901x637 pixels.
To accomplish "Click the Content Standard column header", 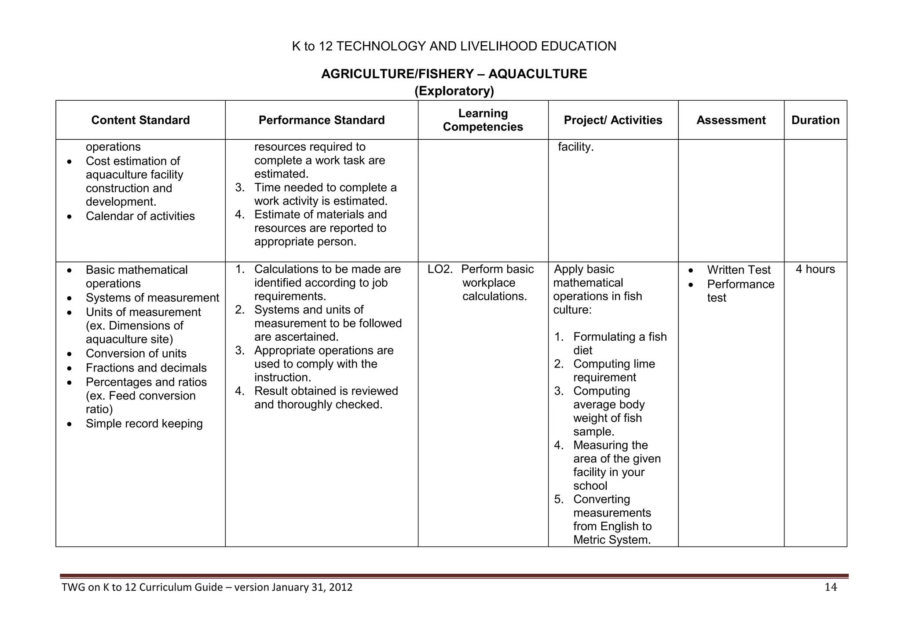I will pyautogui.click(x=140, y=120).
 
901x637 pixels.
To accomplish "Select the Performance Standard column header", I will pyautogui.click(x=321, y=120).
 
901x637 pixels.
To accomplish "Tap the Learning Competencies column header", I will pyautogui.click(x=483, y=120).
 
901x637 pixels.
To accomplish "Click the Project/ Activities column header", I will pyautogui.click(x=613, y=120).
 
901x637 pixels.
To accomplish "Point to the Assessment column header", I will pyautogui.click(x=731, y=120).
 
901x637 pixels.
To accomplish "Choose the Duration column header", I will pyautogui.click(x=815, y=120).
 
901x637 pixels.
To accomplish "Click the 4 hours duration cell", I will pyautogui.click(x=815, y=269).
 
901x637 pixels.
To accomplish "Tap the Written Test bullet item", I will pyautogui.click(x=739, y=270).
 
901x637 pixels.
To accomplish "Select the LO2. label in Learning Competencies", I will pyautogui.click(x=440, y=269).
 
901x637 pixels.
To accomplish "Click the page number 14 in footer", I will pyautogui.click(x=830, y=587).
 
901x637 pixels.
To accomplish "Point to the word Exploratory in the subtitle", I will pyautogui.click(x=454, y=91).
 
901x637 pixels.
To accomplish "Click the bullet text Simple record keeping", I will pyautogui.click(x=144, y=423).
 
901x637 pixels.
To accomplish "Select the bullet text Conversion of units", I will pyautogui.click(x=136, y=353).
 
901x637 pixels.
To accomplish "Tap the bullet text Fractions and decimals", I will pyautogui.click(x=146, y=368).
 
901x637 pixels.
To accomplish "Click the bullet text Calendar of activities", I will pyautogui.click(x=140, y=216).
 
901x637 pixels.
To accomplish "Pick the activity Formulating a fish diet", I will pyautogui.click(x=619, y=343).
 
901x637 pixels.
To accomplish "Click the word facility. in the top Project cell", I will pyautogui.click(x=575, y=147).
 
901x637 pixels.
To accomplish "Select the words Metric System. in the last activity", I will pyautogui.click(x=612, y=540).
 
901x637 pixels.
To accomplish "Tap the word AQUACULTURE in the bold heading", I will pyautogui.click(x=537, y=74).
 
